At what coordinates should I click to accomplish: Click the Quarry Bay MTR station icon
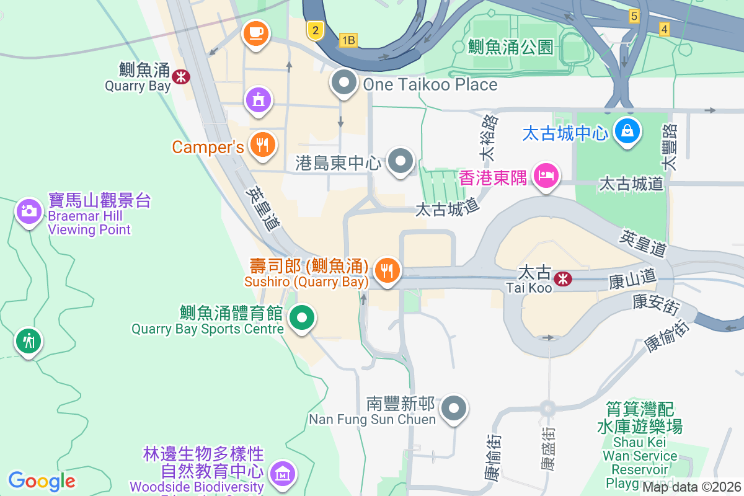click(x=182, y=77)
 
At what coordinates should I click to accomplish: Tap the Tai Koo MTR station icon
click(x=563, y=279)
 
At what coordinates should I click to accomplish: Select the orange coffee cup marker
click(x=255, y=32)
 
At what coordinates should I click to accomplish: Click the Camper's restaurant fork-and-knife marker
click(x=263, y=145)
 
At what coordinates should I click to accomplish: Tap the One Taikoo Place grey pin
click(x=343, y=82)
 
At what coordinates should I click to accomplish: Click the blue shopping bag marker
click(x=628, y=131)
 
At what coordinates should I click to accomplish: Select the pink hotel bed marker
click(x=546, y=175)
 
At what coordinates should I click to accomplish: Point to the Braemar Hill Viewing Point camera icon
click(x=29, y=212)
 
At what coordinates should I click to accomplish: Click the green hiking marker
click(x=28, y=340)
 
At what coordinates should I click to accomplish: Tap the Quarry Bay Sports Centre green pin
click(x=302, y=319)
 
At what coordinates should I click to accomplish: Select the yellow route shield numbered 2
click(x=316, y=29)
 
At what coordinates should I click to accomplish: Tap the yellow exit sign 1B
click(x=348, y=41)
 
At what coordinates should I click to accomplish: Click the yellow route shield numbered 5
click(x=634, y=16)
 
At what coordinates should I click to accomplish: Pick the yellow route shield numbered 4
click(x=665, y=29)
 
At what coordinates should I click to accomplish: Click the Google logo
click(x=42, y=481)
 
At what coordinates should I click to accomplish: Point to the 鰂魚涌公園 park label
click(x=511, y=46)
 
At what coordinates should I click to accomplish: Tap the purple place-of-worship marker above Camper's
click(x=259, y=99)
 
